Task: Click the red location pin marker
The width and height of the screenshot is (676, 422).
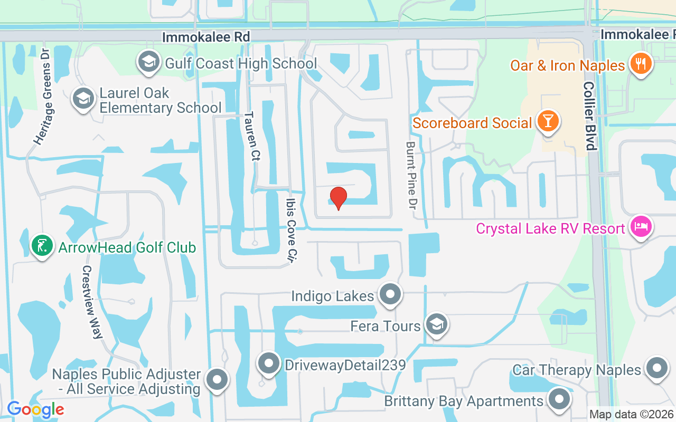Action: pos(338,198)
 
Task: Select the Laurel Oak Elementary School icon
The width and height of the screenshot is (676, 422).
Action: pos(83,99)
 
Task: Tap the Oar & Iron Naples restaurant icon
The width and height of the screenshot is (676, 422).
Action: pos(641,64)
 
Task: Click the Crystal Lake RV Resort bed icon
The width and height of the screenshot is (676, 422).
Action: pos(641,227)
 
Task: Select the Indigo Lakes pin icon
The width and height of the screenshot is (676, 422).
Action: pos(391,294)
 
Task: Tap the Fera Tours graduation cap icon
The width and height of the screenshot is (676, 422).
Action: pos(436,324)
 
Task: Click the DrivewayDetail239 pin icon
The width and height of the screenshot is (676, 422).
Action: pos(269,363)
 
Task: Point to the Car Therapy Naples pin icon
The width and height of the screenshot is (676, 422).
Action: pos(658,368)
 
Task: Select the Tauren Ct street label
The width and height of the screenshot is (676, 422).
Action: pos(251,137)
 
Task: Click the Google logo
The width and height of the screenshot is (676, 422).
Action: pos(35,409)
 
